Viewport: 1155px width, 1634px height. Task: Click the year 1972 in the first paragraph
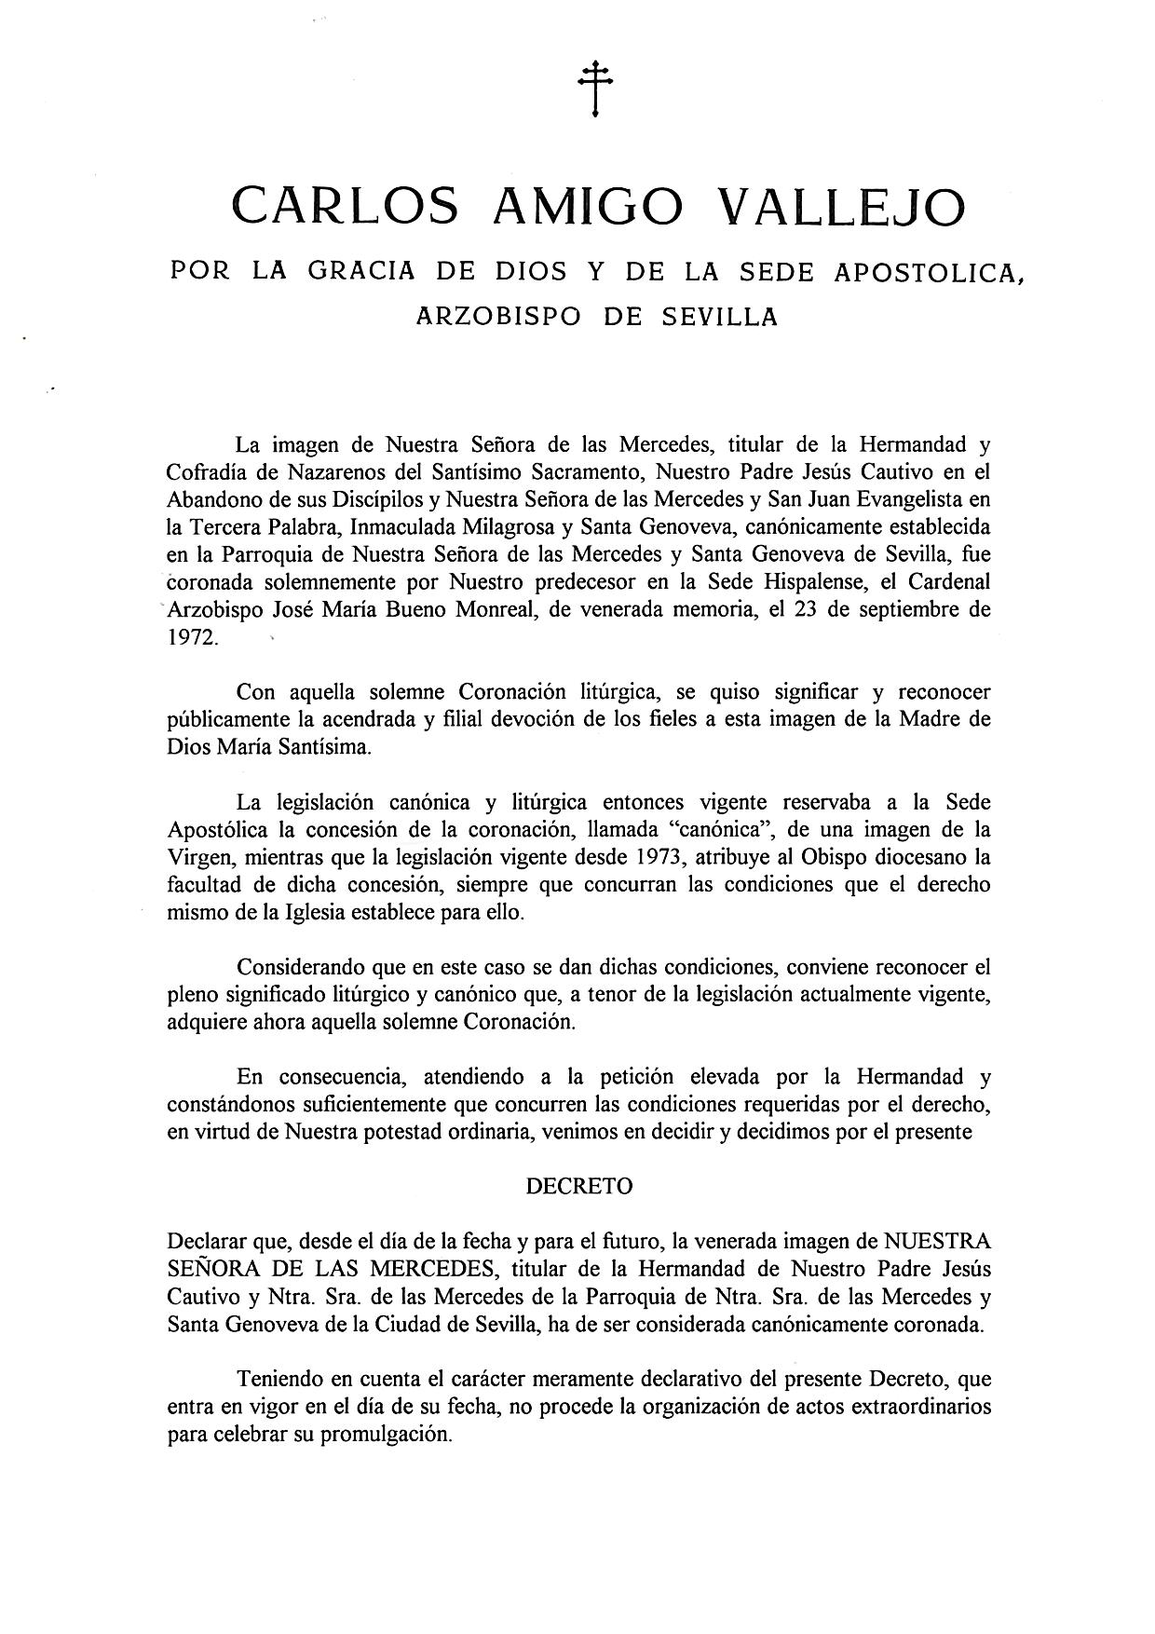[192, 639]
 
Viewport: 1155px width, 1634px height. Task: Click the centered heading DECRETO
[579, 1186]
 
